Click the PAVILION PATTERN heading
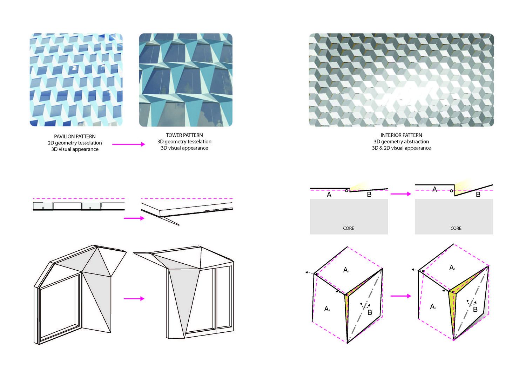click(75, 136)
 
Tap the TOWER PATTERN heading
click(184, 135)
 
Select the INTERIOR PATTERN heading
click(401, 135)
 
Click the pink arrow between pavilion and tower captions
click(128, 144)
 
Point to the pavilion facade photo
click(76, 80)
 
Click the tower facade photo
click(186, 80)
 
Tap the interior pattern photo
click(401, 80)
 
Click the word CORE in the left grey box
click(349, 228)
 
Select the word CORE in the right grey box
click(456, 228)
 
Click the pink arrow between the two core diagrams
click(400, 194)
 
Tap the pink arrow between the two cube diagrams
click(400, 296)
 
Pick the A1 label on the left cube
click(346, 270)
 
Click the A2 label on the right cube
click(433, 306)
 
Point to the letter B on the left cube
click(370, 312)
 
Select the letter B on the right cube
click(475, 309)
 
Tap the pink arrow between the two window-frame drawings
click(134, 299)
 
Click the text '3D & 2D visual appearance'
click(401, 148)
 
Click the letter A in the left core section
click(329, 195)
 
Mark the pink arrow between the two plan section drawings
click(134, 218)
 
